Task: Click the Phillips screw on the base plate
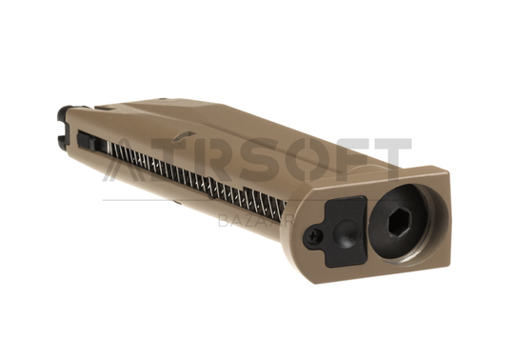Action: (x=313, y=235)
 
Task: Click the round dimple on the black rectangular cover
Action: (x=345, y=230)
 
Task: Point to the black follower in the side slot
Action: (x=87, y=140)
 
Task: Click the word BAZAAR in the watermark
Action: (x=256, y=222)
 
